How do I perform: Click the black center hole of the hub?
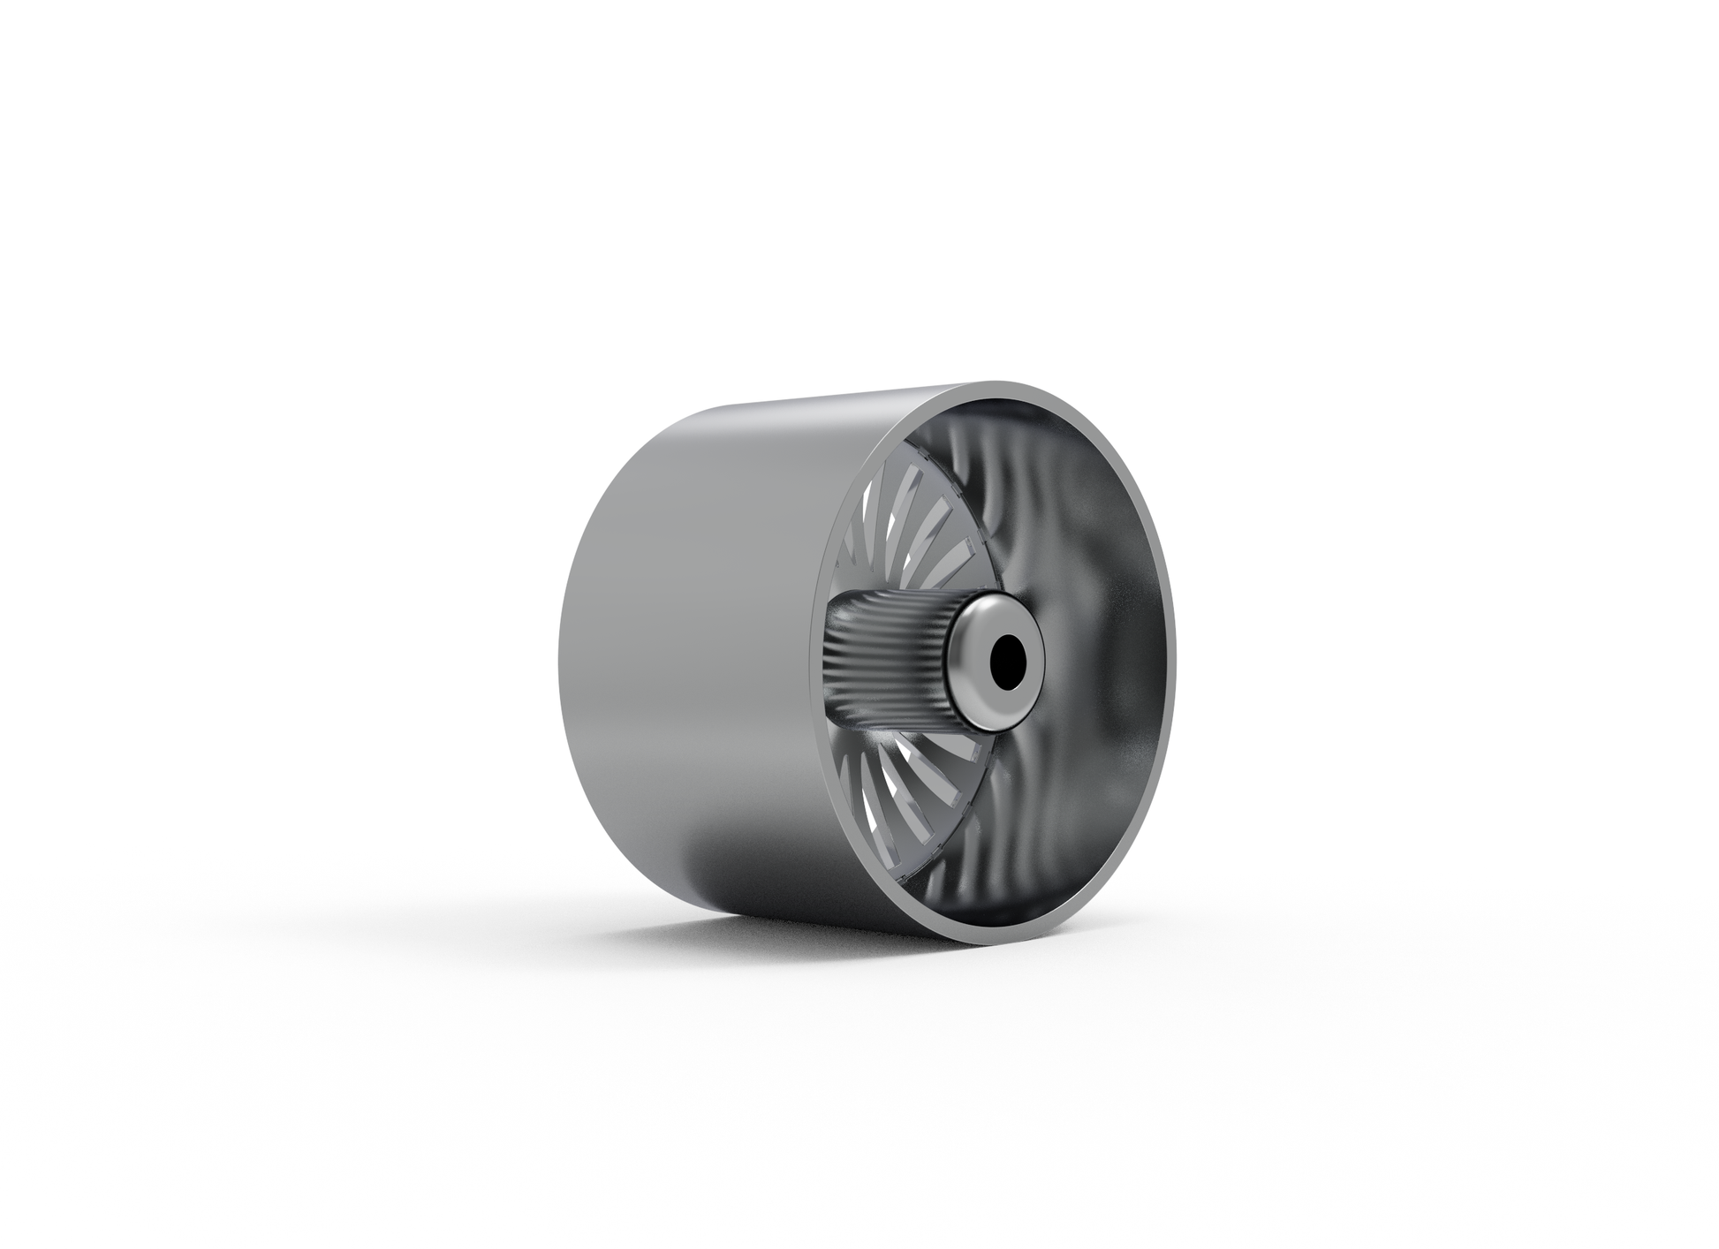[1005, 661]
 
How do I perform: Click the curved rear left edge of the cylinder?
[565, 636]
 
